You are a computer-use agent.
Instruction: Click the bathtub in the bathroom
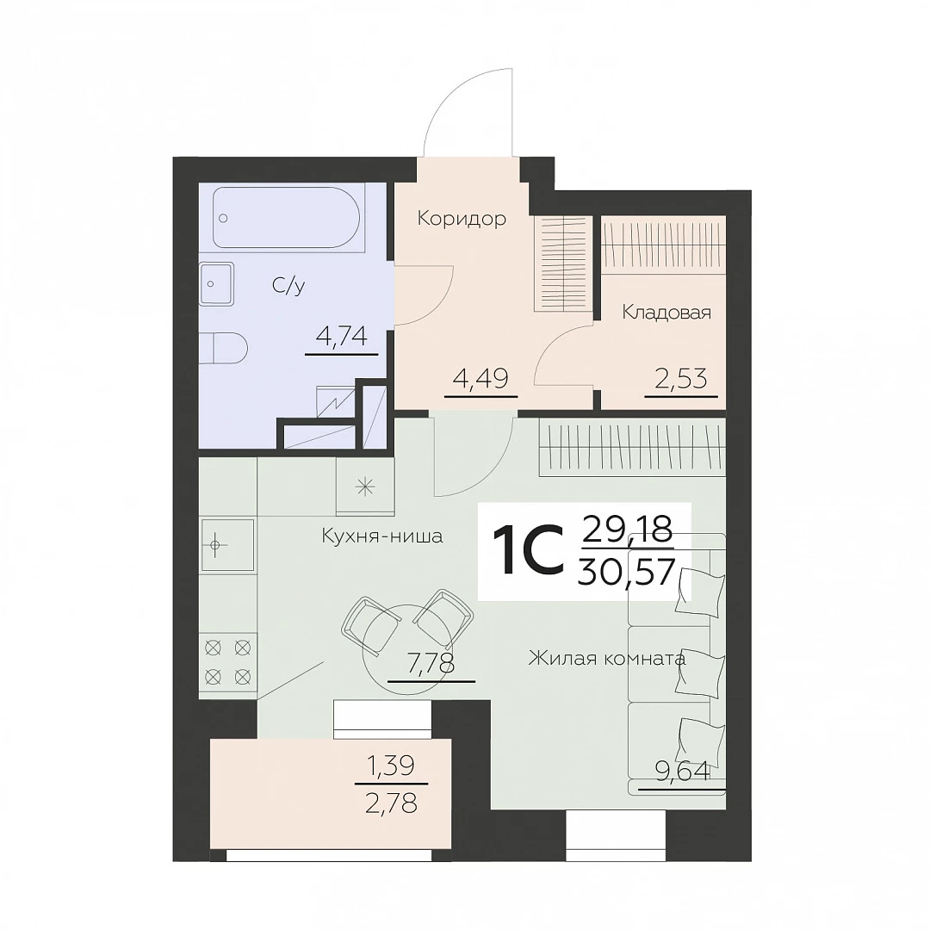[x=286, y=218]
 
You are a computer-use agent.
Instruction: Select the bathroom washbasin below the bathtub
[x=217, y=283]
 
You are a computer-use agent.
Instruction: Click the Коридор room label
[x=462, y=219]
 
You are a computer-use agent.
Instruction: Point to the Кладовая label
[x=666, y=313]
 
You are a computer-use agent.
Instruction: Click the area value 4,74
[x=342, y=337]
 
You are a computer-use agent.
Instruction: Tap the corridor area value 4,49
[x=480, y=378]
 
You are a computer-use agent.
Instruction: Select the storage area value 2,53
[x=681, y=378]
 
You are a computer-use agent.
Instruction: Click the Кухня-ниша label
[x=382, y=536]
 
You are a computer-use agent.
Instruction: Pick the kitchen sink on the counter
[x=227, y=545]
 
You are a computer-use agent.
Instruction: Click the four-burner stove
[x=227, y=662]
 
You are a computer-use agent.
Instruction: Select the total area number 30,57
[x=626, y=573]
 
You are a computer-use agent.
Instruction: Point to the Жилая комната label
[x=607, y=659]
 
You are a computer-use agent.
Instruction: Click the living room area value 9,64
[x=682, y=772]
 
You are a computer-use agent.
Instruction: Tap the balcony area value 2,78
[x=392, y=803]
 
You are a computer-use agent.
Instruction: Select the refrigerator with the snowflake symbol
[x=365, y=487]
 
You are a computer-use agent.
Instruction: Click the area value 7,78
[x=431, y=663]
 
